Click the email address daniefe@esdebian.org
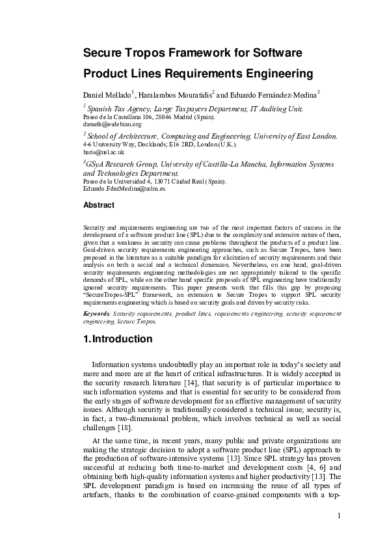(x=113, y=124)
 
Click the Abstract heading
(x=99, y=205)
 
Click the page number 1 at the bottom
(x=339, y=516)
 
